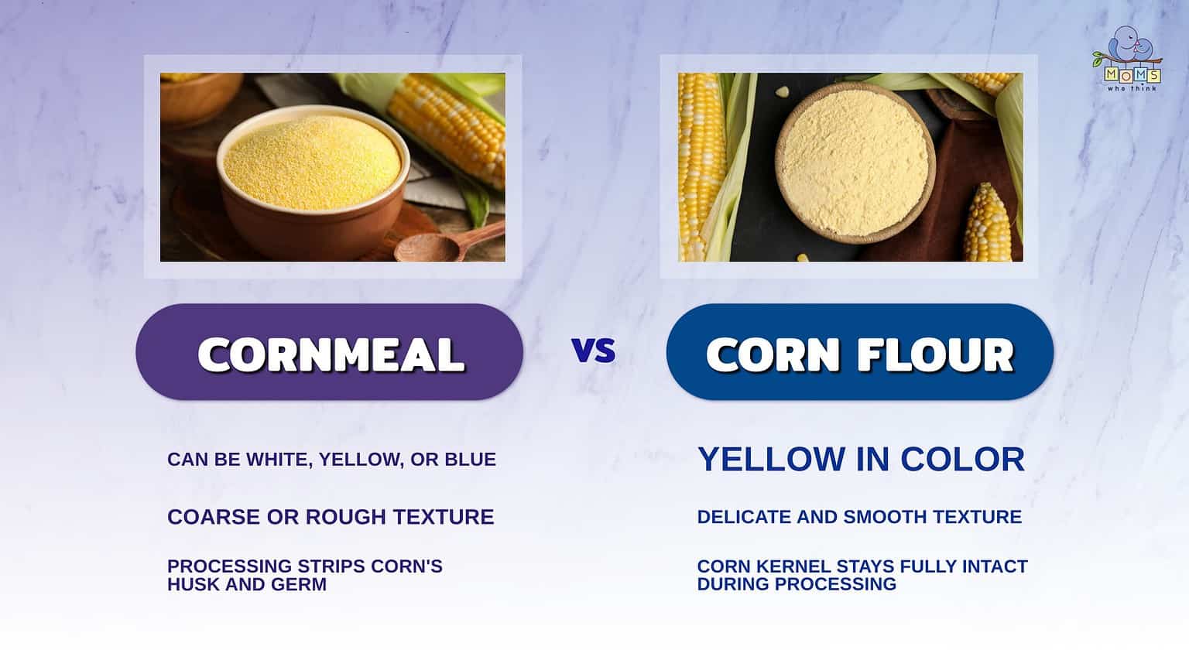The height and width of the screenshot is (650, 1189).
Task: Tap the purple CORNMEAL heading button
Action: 330,353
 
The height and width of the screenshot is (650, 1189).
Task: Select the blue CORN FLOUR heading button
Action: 859,353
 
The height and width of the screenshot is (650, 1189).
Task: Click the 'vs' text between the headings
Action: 594,351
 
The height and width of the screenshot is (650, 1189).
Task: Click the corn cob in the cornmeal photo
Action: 449,124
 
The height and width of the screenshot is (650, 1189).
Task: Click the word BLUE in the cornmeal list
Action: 470,460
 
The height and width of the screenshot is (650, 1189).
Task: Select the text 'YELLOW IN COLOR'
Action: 861,460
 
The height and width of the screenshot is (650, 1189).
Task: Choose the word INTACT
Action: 994,566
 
